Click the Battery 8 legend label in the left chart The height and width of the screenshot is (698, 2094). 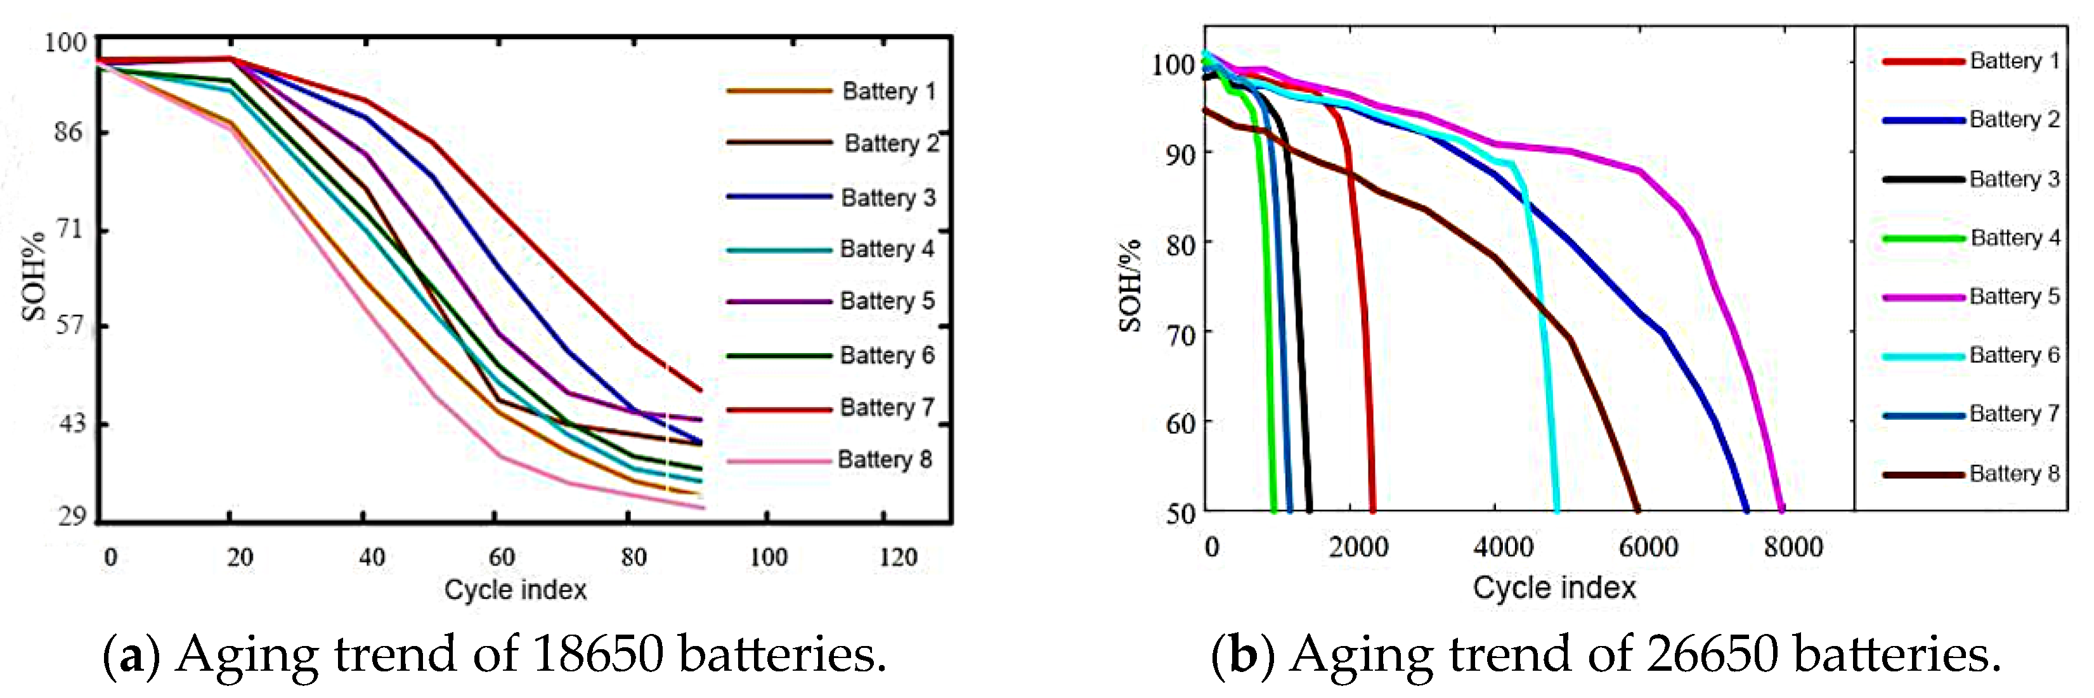pyautogui.click(x=885, y=459)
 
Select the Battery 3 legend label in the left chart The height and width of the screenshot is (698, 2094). pyautogui.click(x=888, y=197)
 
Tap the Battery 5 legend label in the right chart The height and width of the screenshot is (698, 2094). pyautogui.click(x=2014, y=296)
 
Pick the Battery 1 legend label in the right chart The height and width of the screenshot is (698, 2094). pyautogui.click(x=2014, y=61)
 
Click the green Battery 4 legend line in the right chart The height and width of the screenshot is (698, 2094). pyautogui.click(x=1923, y=239)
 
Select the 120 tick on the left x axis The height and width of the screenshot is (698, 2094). pyautogui.click(x=897, y=557)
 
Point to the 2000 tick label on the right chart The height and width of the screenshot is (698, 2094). pyautogui.click(x=1358, y=547)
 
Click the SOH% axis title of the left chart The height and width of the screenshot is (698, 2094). pyautogui.click(x=34, y=276)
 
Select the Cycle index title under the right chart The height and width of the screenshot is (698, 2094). pyautogui.click(x=1554, y=586)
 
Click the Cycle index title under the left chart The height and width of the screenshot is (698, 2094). pyautogui.click(x=516, y=589)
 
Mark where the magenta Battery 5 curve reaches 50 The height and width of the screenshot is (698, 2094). pyautogui.click(x=1781, y=510)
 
